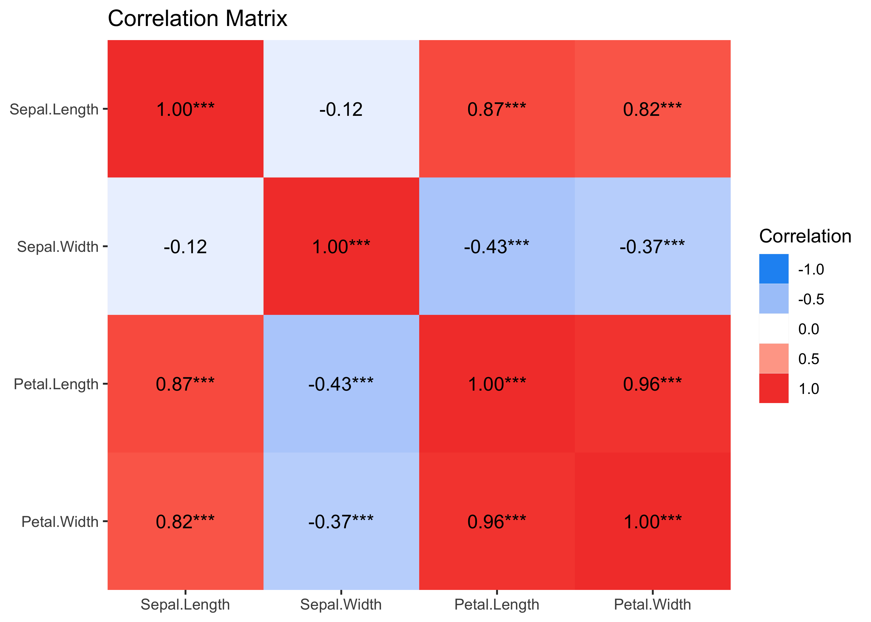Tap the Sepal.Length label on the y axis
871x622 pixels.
54,109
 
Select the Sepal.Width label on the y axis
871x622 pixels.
58,247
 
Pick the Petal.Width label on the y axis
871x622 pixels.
60,522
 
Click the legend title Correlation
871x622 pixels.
805,236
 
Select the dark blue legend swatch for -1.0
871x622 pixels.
774,269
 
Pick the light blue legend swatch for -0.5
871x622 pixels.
774,299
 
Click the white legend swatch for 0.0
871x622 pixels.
774,329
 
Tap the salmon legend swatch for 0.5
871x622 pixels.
774,359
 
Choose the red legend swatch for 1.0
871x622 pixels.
774,388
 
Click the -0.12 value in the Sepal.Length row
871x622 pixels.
341,109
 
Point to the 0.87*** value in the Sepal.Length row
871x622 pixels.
497,109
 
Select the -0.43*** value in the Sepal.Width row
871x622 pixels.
497,247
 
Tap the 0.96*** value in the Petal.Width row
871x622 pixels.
497,522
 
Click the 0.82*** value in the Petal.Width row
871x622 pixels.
185,522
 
